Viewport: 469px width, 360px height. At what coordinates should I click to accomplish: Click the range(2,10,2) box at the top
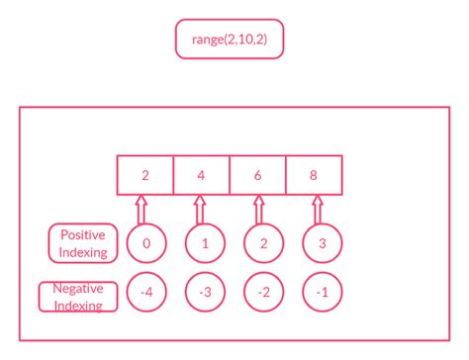[230, 40]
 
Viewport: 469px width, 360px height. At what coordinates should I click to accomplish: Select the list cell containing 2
[145, 175]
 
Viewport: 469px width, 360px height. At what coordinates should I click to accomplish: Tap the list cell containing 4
[202, 175]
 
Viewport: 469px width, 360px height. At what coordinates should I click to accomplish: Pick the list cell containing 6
[258, 175]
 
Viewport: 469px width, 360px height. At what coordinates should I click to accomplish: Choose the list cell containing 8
[315, 175]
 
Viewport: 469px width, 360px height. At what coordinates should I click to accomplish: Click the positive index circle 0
[145, 243]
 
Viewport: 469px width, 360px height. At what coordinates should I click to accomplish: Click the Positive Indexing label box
[82, 243]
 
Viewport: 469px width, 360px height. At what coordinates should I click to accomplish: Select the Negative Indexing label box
[79, 297]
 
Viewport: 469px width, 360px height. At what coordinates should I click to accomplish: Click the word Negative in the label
[79, 289]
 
